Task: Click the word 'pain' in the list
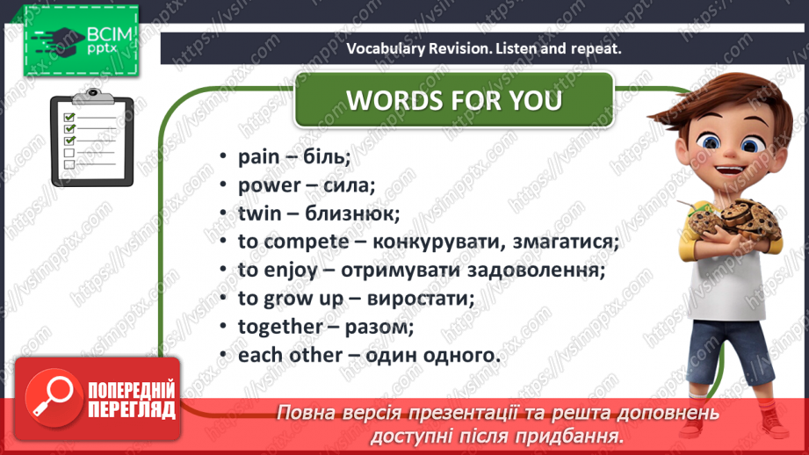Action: point(258,157)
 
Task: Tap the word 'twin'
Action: point(258,213)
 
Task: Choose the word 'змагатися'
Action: point(565,242)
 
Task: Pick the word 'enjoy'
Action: point(291,271)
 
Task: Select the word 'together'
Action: point(280,327)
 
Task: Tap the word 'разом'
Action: point(379,328)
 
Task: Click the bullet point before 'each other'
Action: point(223,355)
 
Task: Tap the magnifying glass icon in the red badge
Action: point(53,397)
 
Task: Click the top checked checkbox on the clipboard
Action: point(69,117)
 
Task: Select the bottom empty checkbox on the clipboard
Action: point(69,164)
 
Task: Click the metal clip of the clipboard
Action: point(93,96)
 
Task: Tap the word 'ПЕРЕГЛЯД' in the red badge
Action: point(132,410)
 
